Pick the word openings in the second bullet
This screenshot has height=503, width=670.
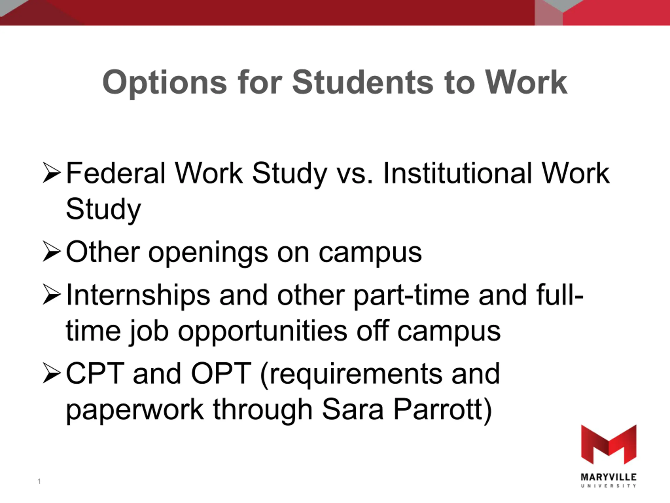(x=208, y=254)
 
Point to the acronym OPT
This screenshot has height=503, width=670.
(x=221, y=374)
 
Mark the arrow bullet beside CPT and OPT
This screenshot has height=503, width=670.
(x=52, y=373)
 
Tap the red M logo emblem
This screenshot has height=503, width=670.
(x=608, y=445)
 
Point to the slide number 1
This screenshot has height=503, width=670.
(x=39, y=481)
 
